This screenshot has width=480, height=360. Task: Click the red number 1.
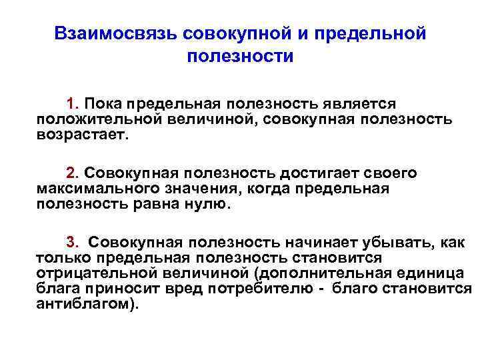pyautogui.click(x=71, y=104)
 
